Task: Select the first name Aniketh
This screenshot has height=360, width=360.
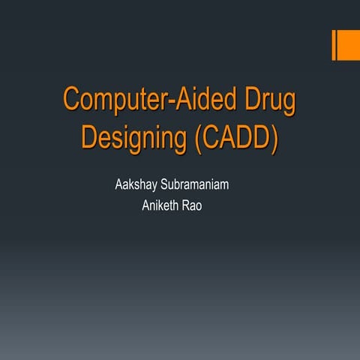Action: coord(160,205)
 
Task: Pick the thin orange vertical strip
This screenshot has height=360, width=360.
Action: coord(334,46)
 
